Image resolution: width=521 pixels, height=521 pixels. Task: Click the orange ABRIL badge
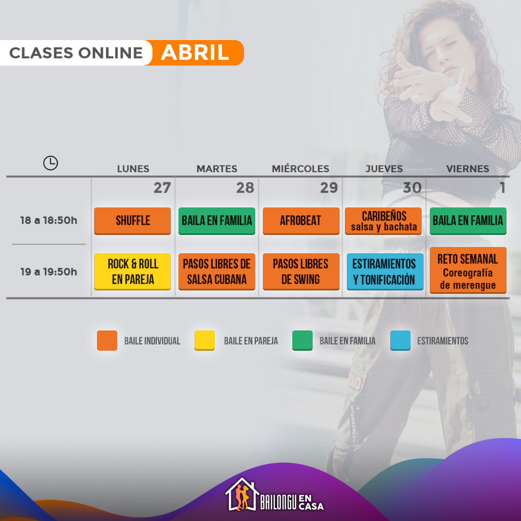[x=195, y=53]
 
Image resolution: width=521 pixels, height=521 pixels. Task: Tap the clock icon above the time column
[x=51, y=163]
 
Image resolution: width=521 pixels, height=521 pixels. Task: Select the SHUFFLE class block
[x=132, y=221]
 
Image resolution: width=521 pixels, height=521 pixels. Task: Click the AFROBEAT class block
[x=301, y=221]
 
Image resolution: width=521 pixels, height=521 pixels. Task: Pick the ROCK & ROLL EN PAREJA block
[x=132, y=272]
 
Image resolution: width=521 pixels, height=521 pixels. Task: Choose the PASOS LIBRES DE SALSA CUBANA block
[x=217, y=272]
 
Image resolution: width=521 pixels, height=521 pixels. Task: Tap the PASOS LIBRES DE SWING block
[x=301, y=272]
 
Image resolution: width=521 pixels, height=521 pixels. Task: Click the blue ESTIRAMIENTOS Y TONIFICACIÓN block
[x=385, y=272]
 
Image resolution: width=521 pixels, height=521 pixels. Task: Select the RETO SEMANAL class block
[x=468, y=270]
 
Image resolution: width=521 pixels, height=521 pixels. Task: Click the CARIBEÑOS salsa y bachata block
[x=383, y=221]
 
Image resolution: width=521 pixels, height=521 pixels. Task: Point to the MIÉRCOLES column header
[x=301, y=169]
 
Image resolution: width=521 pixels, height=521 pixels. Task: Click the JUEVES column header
[x=384, y=169]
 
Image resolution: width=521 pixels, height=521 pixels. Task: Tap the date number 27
[x=162, y=188]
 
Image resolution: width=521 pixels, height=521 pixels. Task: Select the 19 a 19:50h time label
[x=49, y=272]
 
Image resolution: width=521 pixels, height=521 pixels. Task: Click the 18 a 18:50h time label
[x=49, y=220]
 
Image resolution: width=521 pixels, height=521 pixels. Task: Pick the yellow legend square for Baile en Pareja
[x=205, y=341]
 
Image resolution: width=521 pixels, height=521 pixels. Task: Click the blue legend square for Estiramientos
[x=400, y=341]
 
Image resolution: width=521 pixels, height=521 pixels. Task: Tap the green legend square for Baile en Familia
[x=302, y=341]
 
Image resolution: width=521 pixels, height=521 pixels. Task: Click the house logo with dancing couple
[x=242, y=494]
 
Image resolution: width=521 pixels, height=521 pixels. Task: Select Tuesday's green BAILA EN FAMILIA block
[x=217, y=221]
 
